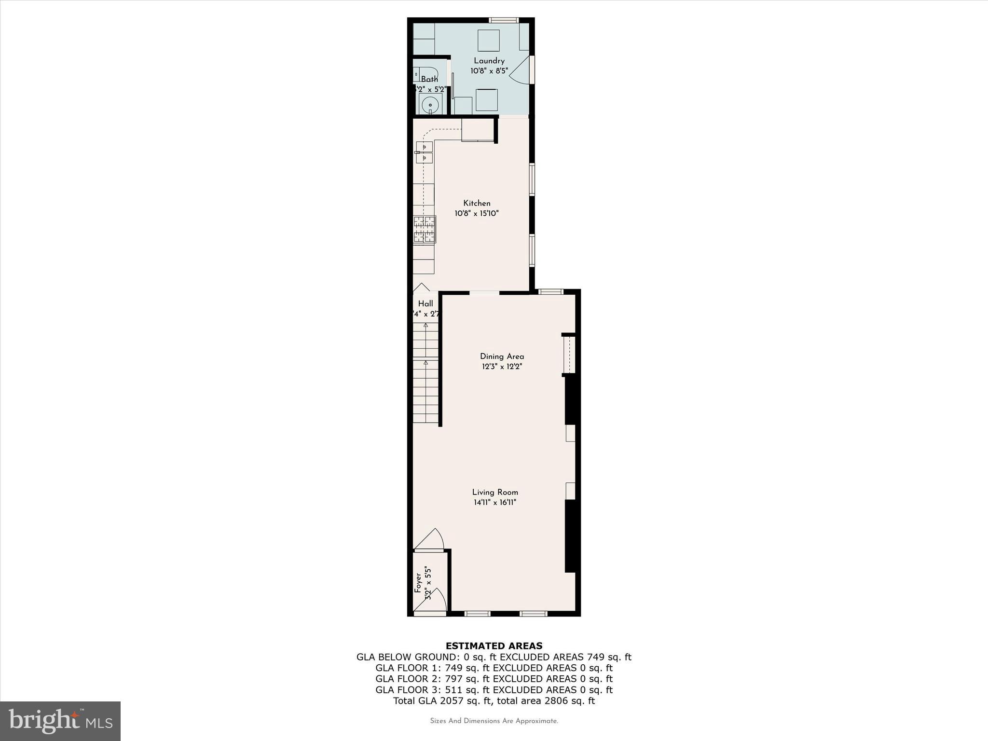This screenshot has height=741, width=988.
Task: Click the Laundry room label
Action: [x=489, y=61]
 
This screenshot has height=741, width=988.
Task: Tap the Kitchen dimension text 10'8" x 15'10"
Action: [x=476, y=213]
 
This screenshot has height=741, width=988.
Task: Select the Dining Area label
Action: [x=502, y=357]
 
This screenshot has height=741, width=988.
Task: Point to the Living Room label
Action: [x=495, y=492]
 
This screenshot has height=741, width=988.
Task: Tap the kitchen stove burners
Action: [x=425, y=229]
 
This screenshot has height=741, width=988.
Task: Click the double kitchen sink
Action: [x=424, y=152]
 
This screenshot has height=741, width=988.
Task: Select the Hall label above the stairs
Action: [x=425, y=304]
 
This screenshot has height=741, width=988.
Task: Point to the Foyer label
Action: [x=418, y=583]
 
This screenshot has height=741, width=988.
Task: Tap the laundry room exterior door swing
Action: [x=521, y=70]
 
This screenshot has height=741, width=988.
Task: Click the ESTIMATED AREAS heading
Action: [x=494, y=646]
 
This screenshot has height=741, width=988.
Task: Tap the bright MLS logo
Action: [x=60, y=720]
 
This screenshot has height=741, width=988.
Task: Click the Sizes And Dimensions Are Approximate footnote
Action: [x=494, y=721]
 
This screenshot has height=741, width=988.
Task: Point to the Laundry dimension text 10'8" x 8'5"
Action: [x=489, y=71]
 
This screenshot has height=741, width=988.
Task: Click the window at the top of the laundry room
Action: [x=503, y=20]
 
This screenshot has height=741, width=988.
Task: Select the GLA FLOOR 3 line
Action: [x=494, y=690]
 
